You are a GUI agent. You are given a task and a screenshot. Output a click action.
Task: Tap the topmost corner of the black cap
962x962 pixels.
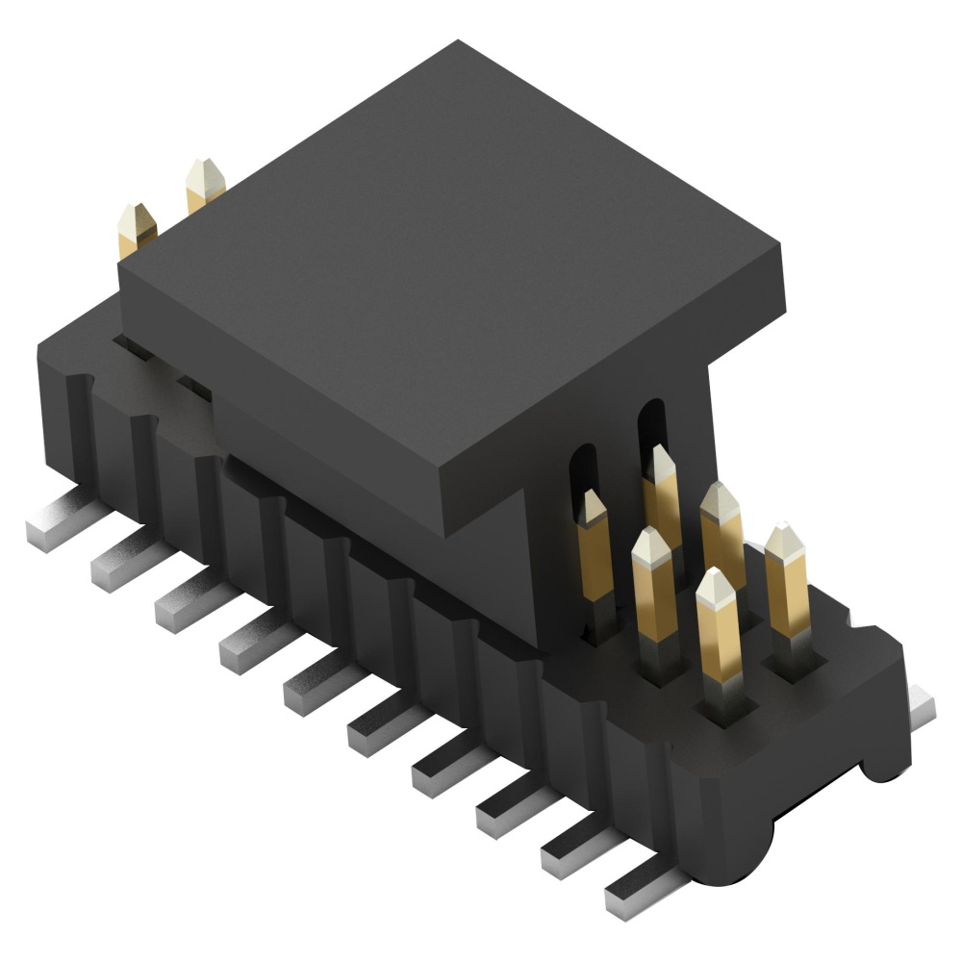tap(459, 41)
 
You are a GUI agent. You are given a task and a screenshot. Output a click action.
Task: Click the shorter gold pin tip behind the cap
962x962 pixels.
tap(136, 226)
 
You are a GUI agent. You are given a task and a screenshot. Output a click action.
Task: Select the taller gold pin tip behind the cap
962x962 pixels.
tap(203, 183)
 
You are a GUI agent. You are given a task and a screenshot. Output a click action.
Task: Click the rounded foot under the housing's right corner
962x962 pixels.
tap(880, 765)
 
